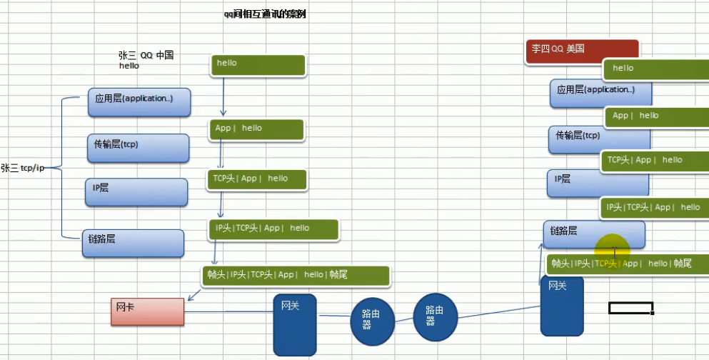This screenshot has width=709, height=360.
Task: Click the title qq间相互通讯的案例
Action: coord(265,14)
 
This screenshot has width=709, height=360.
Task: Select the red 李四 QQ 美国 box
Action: coord(581,50)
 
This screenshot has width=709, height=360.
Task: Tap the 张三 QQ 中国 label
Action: coord(146,55)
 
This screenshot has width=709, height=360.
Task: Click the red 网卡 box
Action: coord(147,311)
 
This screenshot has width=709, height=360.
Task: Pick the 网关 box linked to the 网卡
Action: coord(295,324)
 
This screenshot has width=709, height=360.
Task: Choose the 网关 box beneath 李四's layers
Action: coord(562,306)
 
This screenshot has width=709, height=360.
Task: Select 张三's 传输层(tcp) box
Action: coord(137,147)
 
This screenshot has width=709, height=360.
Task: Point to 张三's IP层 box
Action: coord(136,192)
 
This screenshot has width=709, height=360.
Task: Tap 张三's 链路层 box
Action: coord(133,243)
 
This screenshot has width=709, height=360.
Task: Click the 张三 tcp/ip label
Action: coord(22,168)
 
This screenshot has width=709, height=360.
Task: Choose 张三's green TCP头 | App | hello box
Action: coord(257,179)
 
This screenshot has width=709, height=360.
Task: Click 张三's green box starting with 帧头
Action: coord(296,276)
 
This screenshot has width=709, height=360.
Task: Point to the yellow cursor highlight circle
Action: coord(614,250)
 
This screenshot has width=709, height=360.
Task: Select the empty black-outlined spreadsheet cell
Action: coord(630,308)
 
